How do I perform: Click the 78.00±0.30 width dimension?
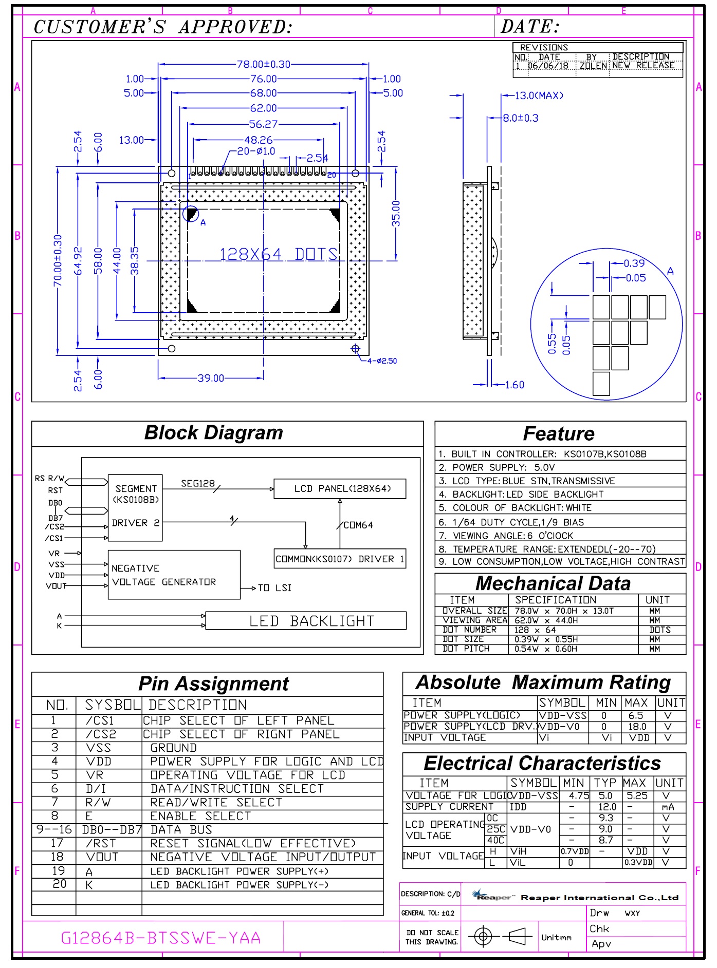[x=263, y=64]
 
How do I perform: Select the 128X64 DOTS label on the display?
[x=278, y=254]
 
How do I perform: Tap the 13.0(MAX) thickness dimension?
[x=539, y=96]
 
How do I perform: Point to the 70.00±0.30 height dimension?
[x=58, y=260]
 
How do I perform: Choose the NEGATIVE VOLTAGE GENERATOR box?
[x=174, y=575]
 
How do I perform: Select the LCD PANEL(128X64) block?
[x=340, y=488]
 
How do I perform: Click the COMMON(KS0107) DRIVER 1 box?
[x=340, y=559]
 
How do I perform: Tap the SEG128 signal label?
[x=198, y=483]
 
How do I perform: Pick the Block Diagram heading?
[x=213, y=433]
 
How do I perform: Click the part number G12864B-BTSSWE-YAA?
[x=160, y=938]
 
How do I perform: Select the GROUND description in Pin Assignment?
[x=173, y=748]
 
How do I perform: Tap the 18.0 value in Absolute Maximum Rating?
[x=637, y=727]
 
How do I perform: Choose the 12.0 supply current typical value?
[x=607, y=807]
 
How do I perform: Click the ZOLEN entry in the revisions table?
[x=593, y=66]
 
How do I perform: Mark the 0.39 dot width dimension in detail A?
[x=634, y=263]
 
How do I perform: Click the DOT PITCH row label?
[x=466, y=649]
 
